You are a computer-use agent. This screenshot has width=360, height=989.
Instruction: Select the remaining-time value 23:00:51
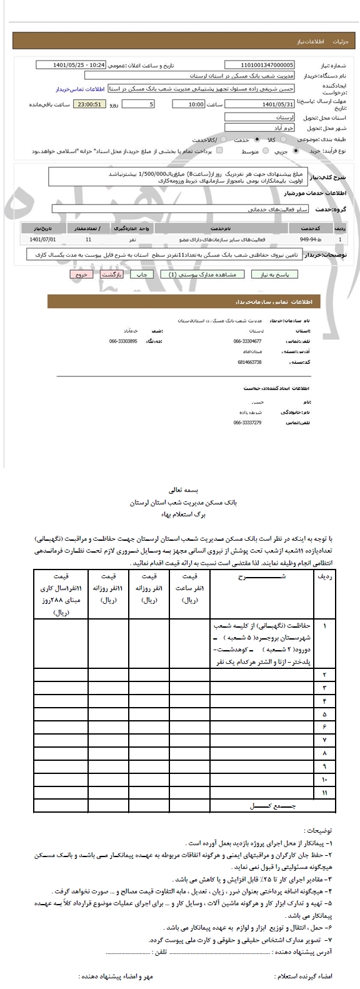pos(89,104)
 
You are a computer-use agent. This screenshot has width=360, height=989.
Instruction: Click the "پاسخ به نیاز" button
pos(274,274)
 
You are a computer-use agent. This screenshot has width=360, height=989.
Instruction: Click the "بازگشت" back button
pos(111,274)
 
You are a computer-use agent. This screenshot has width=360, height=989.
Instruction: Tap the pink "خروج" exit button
pos(80,274)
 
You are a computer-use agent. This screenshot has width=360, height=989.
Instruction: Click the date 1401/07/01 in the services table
pos(42,239)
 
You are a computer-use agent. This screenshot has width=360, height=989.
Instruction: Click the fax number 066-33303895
pos(123,341)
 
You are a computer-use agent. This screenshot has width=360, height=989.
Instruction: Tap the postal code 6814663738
pos(247,362)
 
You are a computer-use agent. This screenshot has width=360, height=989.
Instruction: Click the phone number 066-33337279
pos(247,423)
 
